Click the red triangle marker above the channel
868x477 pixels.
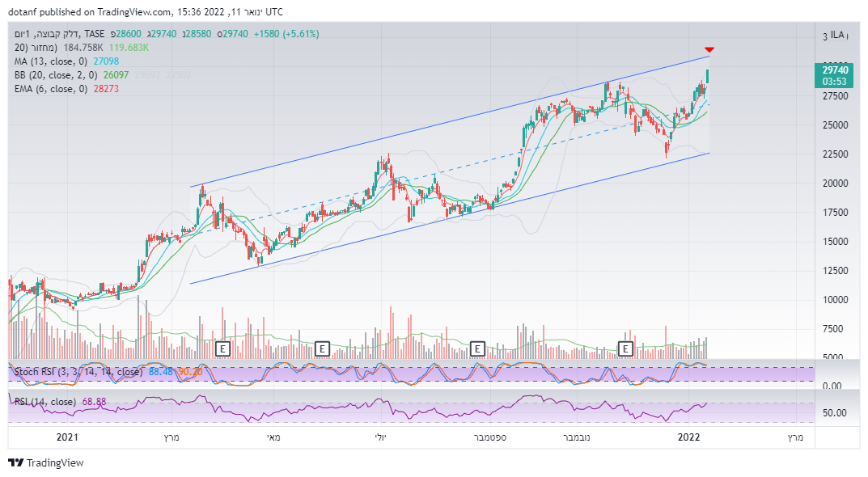[x=709, y=50]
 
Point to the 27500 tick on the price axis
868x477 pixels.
[x=835, y=96]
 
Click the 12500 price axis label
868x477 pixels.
[x=835, y=270]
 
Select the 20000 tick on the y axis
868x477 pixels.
[x=835, y=184]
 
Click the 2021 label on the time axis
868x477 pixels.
[x=66, y=437]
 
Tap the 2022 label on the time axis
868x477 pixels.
[x=688, y=437]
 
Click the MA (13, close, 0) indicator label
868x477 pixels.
[x=50, y=61]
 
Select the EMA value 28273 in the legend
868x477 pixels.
[x=105, y=89]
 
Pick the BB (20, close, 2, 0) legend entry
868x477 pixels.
[x=53, y=75]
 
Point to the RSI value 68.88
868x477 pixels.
[x=94, y=402]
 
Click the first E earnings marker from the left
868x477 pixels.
[x=223, y=348]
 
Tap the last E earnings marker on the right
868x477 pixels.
[x=625, y=348]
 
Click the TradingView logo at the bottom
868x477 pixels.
[x=46, y=463]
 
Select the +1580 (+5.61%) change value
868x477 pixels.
[x=286, y=34]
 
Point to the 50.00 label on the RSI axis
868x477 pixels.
[x=835, y=412]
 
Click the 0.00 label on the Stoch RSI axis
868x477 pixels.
[x=835, y=386]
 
